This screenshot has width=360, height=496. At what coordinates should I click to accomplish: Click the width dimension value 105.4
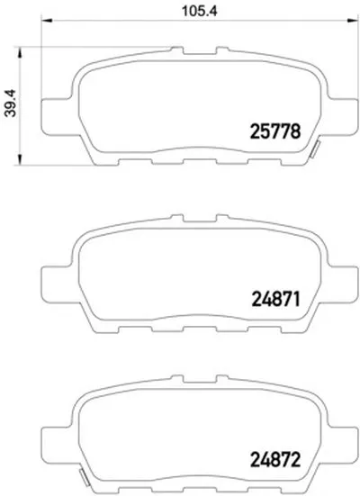(200, 12)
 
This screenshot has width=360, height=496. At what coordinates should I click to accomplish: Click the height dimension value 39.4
(11, 104)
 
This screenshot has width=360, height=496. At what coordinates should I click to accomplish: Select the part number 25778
(274, 131)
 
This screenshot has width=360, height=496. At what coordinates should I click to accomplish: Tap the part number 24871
(275, 299)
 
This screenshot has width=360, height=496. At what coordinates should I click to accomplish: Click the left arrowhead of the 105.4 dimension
(46, 21)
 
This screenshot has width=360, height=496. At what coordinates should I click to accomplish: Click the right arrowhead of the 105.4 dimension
(353, 21)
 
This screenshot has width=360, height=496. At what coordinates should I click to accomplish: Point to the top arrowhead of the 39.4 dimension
(20, 52)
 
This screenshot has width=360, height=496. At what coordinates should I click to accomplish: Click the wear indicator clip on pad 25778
(315, 149)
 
